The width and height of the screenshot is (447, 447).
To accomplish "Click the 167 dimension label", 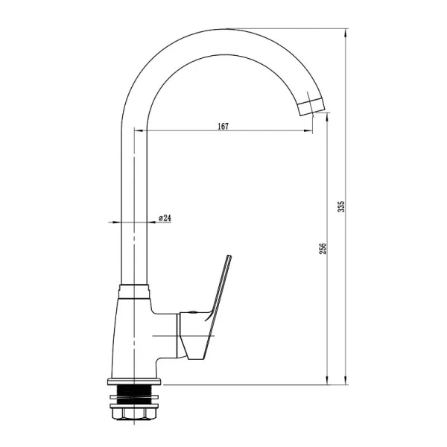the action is tap(223, 126).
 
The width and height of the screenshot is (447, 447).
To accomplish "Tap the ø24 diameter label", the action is tap(165, 218).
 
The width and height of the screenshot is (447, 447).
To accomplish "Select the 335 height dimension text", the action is tap(341, 206).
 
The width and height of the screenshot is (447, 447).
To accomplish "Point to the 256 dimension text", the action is tap(322, 249).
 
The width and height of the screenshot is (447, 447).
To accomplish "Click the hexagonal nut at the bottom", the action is tap(133, 413).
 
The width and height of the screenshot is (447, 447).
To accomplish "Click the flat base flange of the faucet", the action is tap(135, 381).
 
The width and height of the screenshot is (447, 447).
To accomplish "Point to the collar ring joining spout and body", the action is tap(134, 291).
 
